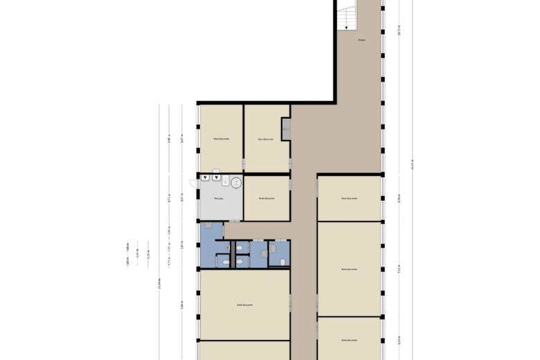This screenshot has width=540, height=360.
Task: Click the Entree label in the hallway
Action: (x=361, y=40)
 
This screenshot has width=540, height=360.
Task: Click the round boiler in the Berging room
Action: (x=236, y=183)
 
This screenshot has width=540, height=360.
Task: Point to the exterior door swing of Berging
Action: (x=193, y=183)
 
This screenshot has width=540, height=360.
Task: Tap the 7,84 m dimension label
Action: (x=182, y=305)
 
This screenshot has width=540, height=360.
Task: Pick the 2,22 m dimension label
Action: (x=148, y=254)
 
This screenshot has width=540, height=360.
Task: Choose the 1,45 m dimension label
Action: (x=169, y=231)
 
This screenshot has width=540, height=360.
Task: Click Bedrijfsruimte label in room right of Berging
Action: (x=267, y=198)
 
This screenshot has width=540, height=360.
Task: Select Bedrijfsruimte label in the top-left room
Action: (x=221, y=139)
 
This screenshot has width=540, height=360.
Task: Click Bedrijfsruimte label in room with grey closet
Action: (x=266, y=139)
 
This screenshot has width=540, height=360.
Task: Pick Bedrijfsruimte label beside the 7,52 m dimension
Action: (x=349, y=269)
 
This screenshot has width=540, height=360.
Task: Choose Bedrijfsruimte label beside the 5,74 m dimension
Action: (x=349, y=198)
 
